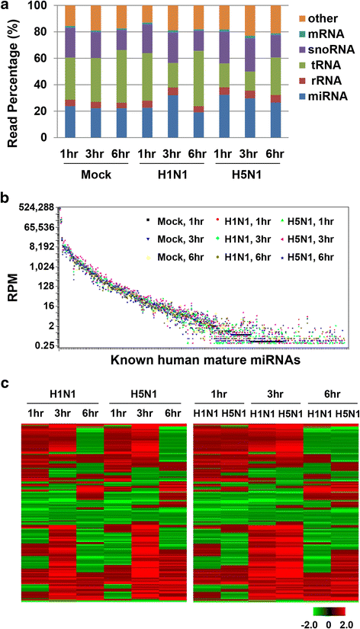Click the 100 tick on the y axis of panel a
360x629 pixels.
click(x=45, y=6)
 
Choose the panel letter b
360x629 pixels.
click(x=5, y=201)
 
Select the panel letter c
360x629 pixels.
click(x=5, y=382)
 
